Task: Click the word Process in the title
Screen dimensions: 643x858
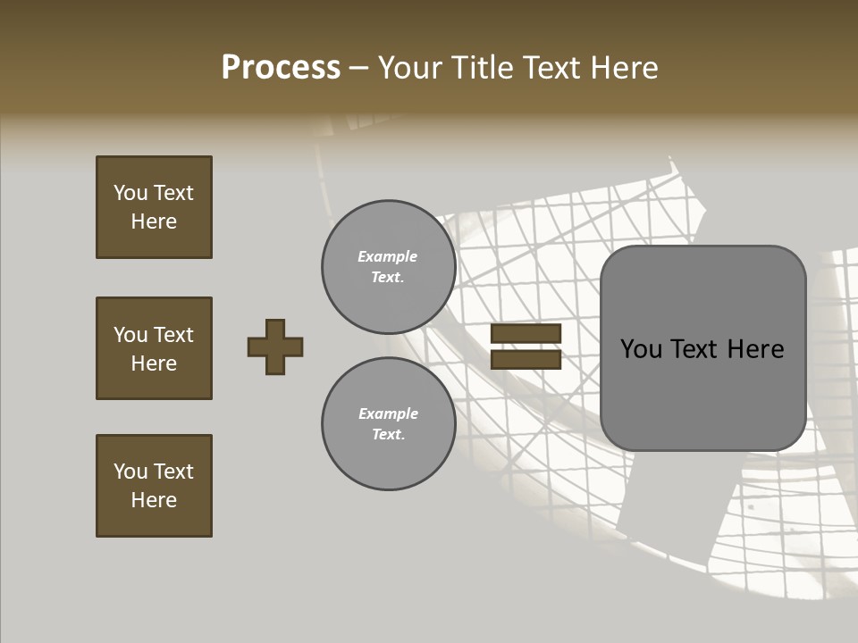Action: [281, 68]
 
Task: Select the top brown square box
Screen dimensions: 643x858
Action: [154, 207]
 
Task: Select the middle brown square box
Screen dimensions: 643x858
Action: [154, 348]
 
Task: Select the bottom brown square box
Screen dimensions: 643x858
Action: [154, 486]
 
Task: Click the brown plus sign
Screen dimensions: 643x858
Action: [275, 347]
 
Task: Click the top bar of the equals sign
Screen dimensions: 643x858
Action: [526, 334]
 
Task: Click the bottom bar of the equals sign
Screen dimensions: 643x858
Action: [526, 360]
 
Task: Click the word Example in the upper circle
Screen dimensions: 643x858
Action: [388, 256]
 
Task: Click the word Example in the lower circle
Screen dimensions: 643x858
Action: [388, 413]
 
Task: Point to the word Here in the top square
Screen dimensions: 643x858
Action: [154, 221]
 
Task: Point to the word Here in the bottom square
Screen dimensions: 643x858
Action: [154, 500]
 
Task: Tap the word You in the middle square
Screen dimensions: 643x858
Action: [130, 335]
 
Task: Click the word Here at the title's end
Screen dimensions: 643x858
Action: [625, 68]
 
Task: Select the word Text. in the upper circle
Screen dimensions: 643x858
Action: [388, 277]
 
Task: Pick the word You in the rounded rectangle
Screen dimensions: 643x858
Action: [642, 349]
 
